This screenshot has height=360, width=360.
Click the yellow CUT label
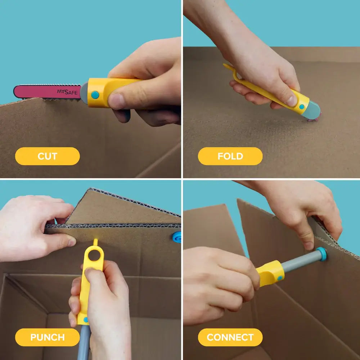pos(47,156)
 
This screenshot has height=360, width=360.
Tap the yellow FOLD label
pos(230,156)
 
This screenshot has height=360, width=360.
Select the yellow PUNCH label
pos(47,337)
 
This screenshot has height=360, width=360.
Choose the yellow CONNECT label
pos(230,337)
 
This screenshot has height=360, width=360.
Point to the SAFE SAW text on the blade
pos(67,92)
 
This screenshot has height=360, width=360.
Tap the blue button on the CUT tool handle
pos(95,95)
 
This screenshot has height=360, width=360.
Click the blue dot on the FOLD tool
pos(302,107)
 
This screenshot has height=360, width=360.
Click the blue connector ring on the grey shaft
pos(321,254)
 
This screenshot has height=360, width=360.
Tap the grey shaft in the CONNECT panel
pos(299,262)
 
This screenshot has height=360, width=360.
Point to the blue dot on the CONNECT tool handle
pos(280,278)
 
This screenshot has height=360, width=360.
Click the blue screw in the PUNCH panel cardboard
pos(177,237)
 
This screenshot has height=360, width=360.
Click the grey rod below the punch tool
pos(84,342)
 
